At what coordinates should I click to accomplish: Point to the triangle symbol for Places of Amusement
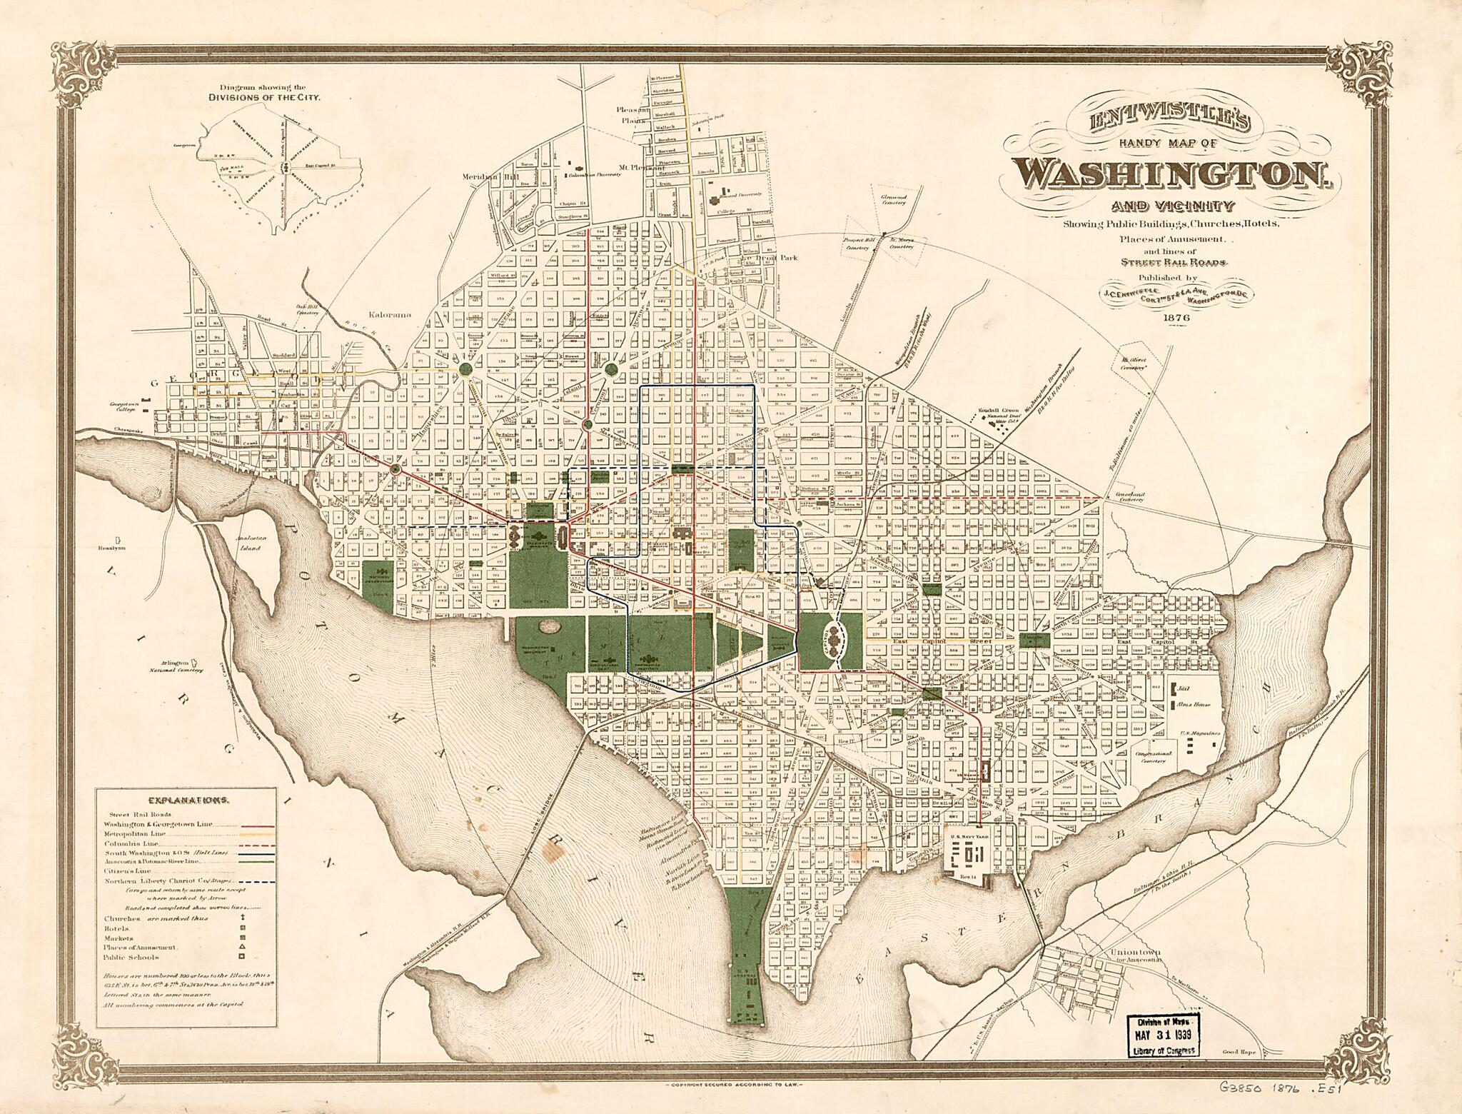[x=242, y=947]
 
